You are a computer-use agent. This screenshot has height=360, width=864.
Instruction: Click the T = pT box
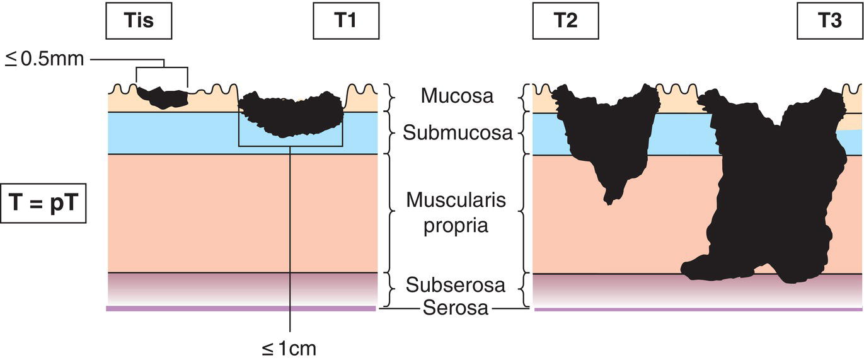click(x=43, y=203)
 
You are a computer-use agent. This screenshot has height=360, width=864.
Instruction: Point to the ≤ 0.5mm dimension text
click(x=45, y=61)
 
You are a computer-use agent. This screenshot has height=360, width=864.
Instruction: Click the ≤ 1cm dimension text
click(x=290, y=347)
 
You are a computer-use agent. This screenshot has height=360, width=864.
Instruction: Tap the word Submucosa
click(x=458, y=133)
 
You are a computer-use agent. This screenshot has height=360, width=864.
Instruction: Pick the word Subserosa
click(x=455, y=285)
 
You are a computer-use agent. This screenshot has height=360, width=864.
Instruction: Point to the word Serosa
click(x=456, y=308)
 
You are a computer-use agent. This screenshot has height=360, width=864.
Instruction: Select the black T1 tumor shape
click(x=291, y=113)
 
